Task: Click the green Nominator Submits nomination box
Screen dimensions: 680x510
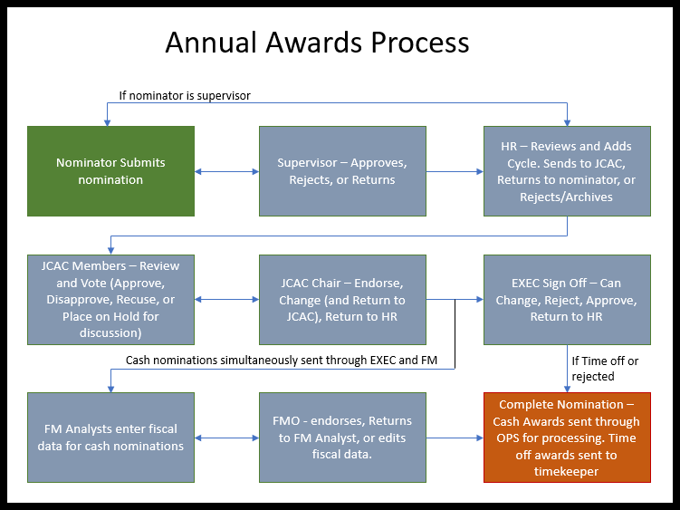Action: pos(110,171)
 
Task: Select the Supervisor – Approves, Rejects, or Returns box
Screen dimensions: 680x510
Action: pos(342,171)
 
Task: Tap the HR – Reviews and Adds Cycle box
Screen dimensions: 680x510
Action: pos(567,171)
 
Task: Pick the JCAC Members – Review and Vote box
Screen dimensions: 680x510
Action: pos(110,300)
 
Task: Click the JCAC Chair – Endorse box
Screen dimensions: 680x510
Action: pos(342,300)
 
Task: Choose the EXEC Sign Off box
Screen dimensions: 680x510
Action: pos(567,300)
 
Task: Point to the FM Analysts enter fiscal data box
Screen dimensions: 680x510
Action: pos(110,438)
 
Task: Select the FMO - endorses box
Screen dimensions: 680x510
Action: pos(342,438)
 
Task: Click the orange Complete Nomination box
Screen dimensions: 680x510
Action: pos(567,438)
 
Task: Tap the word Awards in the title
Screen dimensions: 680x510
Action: pos(313,43)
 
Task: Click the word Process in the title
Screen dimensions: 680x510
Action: pos(420,43)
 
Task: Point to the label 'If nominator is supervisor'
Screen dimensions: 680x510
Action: pos(185,95)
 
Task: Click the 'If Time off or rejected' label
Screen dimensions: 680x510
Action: pos(605,369)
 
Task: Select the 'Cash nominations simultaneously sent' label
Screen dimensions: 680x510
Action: pos(282,361)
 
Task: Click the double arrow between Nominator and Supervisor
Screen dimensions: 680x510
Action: pos(226,171)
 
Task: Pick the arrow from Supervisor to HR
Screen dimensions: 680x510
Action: pos(455,171)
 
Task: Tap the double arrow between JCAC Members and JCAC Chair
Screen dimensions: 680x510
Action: pos(226,300)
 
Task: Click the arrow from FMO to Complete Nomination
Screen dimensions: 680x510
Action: pos(455,438)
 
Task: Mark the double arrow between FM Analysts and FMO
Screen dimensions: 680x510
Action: pos(226,438)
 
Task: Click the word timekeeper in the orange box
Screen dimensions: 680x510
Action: pos(567,472)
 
